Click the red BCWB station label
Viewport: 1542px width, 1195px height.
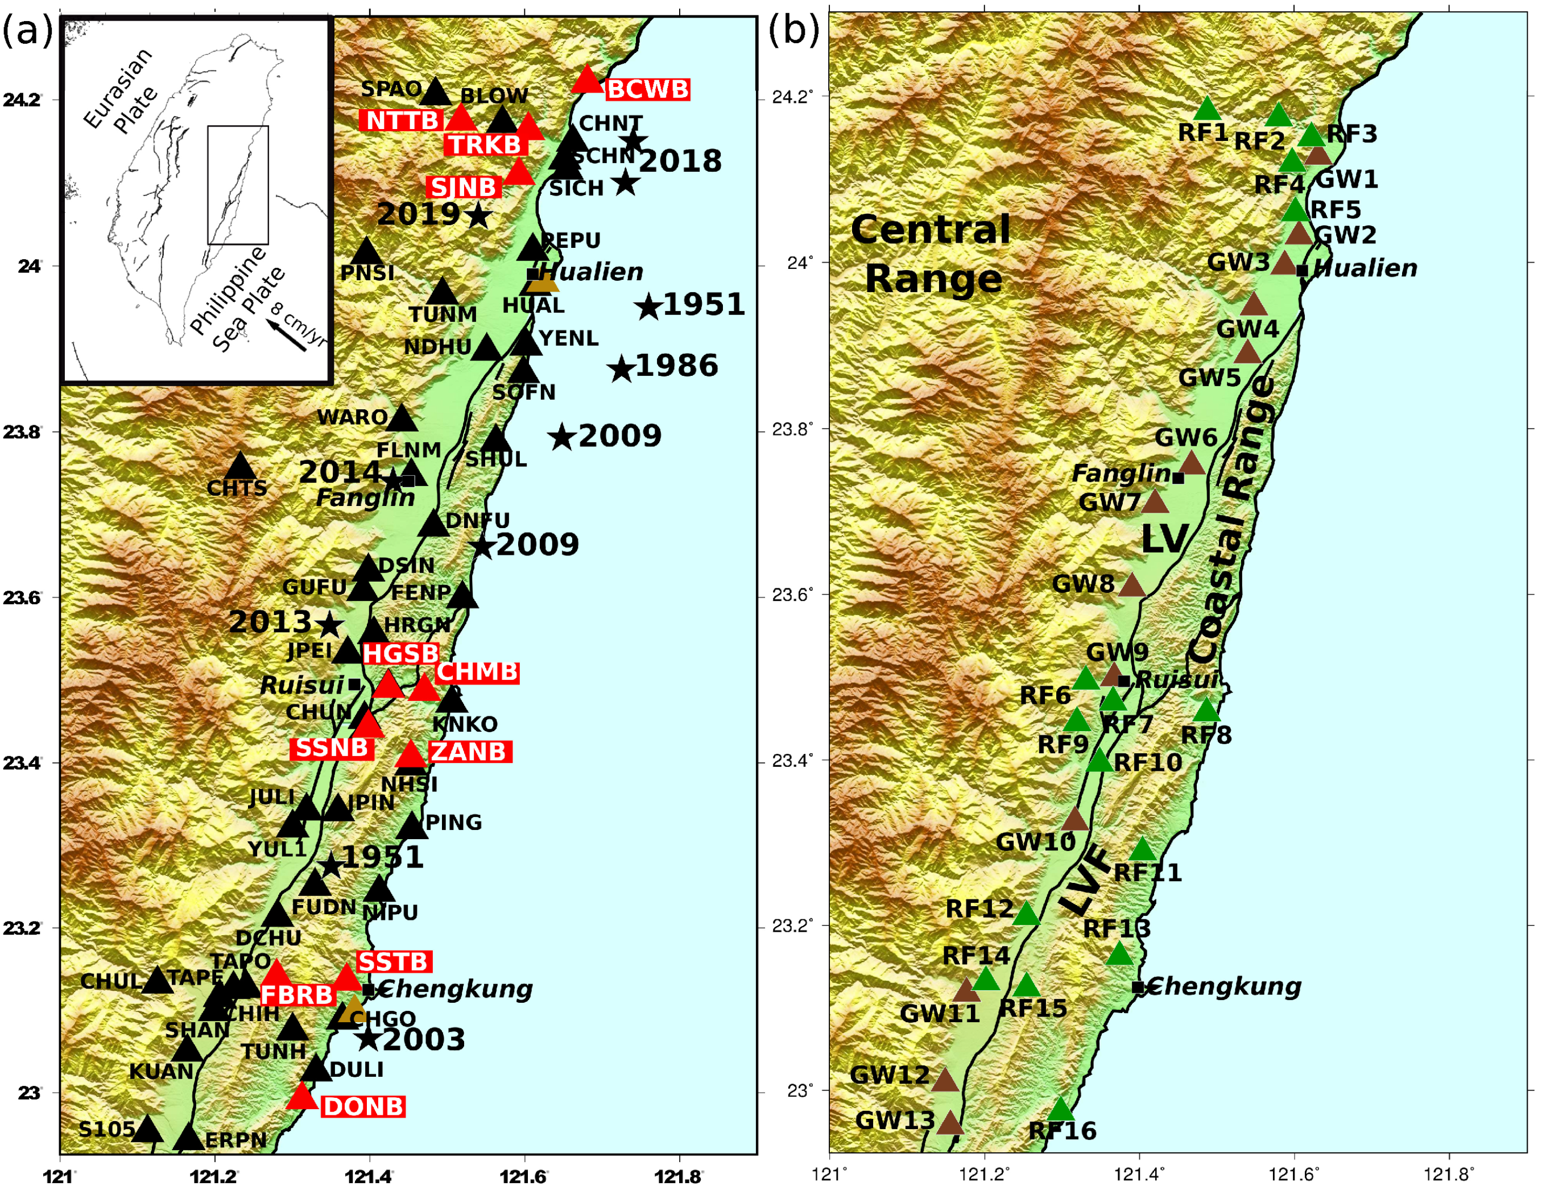[647, 90]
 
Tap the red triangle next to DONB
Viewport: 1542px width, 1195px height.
[301, 1096]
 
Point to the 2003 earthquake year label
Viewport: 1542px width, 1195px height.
[424, 1040]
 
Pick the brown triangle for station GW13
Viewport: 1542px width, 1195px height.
[950, 1122]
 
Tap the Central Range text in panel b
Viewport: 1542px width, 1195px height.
[931, 254]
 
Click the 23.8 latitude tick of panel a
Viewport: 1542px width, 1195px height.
[21, 432]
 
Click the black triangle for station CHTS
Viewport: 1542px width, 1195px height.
[240, 466]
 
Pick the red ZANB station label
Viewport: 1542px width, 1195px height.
[469, 752]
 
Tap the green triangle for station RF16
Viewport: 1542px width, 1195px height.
[1060, 1110]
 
